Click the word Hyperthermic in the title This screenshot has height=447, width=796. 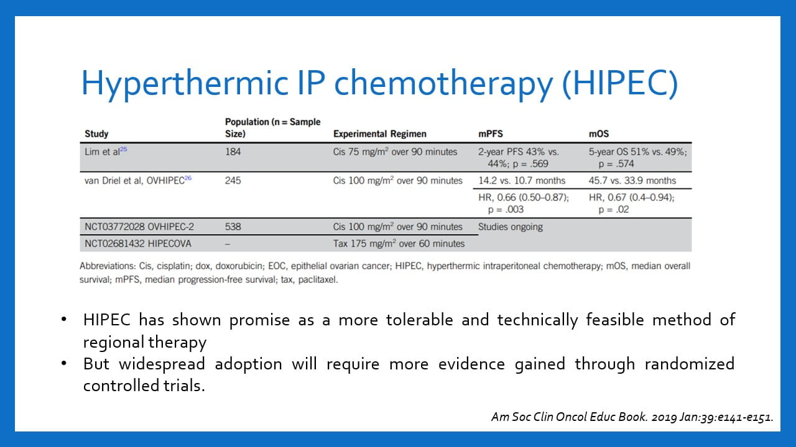(x=185, y=84)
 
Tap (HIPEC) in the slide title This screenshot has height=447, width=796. (x=620, y=84)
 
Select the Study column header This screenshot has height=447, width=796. (x=96, y=133)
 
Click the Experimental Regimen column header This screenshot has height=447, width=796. (x=379, y=133)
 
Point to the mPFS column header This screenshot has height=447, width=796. (x=491, y=133)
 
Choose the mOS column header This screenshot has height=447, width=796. (x=599, y=133)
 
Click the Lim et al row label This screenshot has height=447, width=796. (x=102, y=152)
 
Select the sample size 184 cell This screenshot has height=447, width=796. (x=233, y=152)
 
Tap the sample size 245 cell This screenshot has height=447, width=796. (x=233, y=181)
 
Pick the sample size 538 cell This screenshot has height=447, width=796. (x=233, y=227)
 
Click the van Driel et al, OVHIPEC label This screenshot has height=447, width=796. (x=134, y=181)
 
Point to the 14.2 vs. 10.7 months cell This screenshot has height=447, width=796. (x=522, y=181)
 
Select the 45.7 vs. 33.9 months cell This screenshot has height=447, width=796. (x=632, y=181)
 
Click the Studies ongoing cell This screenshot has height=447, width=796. (x=511, y=227)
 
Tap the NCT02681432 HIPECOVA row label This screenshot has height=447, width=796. (x=138, y=244)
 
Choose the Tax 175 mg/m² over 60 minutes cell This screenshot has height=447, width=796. (x=399, y=244)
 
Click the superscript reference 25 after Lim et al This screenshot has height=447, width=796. (x=123, y=150)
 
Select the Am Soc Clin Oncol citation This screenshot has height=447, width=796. (x=632, y=417)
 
